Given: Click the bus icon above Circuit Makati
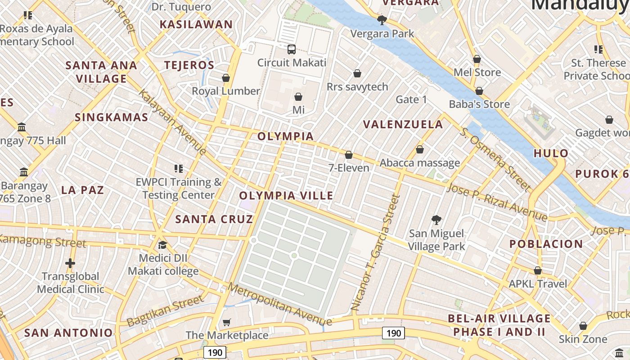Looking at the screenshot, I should pyautogui.click(x=292, y=49).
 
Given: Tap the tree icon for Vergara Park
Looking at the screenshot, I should pyautogui.click(x=382, y=20).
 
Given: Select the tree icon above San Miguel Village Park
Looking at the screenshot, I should pyautogui.click(x=436, y=220).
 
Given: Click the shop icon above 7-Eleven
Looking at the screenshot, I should pyautogui.click(x=349, y=155).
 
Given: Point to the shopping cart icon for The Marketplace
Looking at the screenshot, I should pyautogui.click(x=227, y=322).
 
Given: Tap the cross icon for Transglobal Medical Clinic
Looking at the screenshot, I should pyautogui.click(x=70, y=263).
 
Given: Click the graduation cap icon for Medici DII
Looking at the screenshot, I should pyautogui.click(x=162, y=245).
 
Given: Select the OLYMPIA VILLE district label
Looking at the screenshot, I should pyautogui.click(x=286, y=196).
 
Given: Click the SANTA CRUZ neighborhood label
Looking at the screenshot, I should pyautogui.click(x=214, y=219).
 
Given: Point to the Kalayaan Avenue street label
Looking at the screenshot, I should pyautogui.click(x=172, y=121).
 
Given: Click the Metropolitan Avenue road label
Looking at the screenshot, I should pyautogui.click(x=279, y=304).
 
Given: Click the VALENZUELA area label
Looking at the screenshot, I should pyautogui.click(x=403, y=125).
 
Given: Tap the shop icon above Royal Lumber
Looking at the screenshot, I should pyautogui.click(x=226, y=78).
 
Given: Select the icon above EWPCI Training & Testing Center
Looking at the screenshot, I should pyautogui.click(x=179, y=169).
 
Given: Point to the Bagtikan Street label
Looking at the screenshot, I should pyautogui.click(x=166, y=310).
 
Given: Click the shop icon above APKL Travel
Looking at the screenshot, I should pyautogui.click(x=538, y=270).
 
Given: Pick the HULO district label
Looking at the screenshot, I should pyautogui.click(x=551, y=153).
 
